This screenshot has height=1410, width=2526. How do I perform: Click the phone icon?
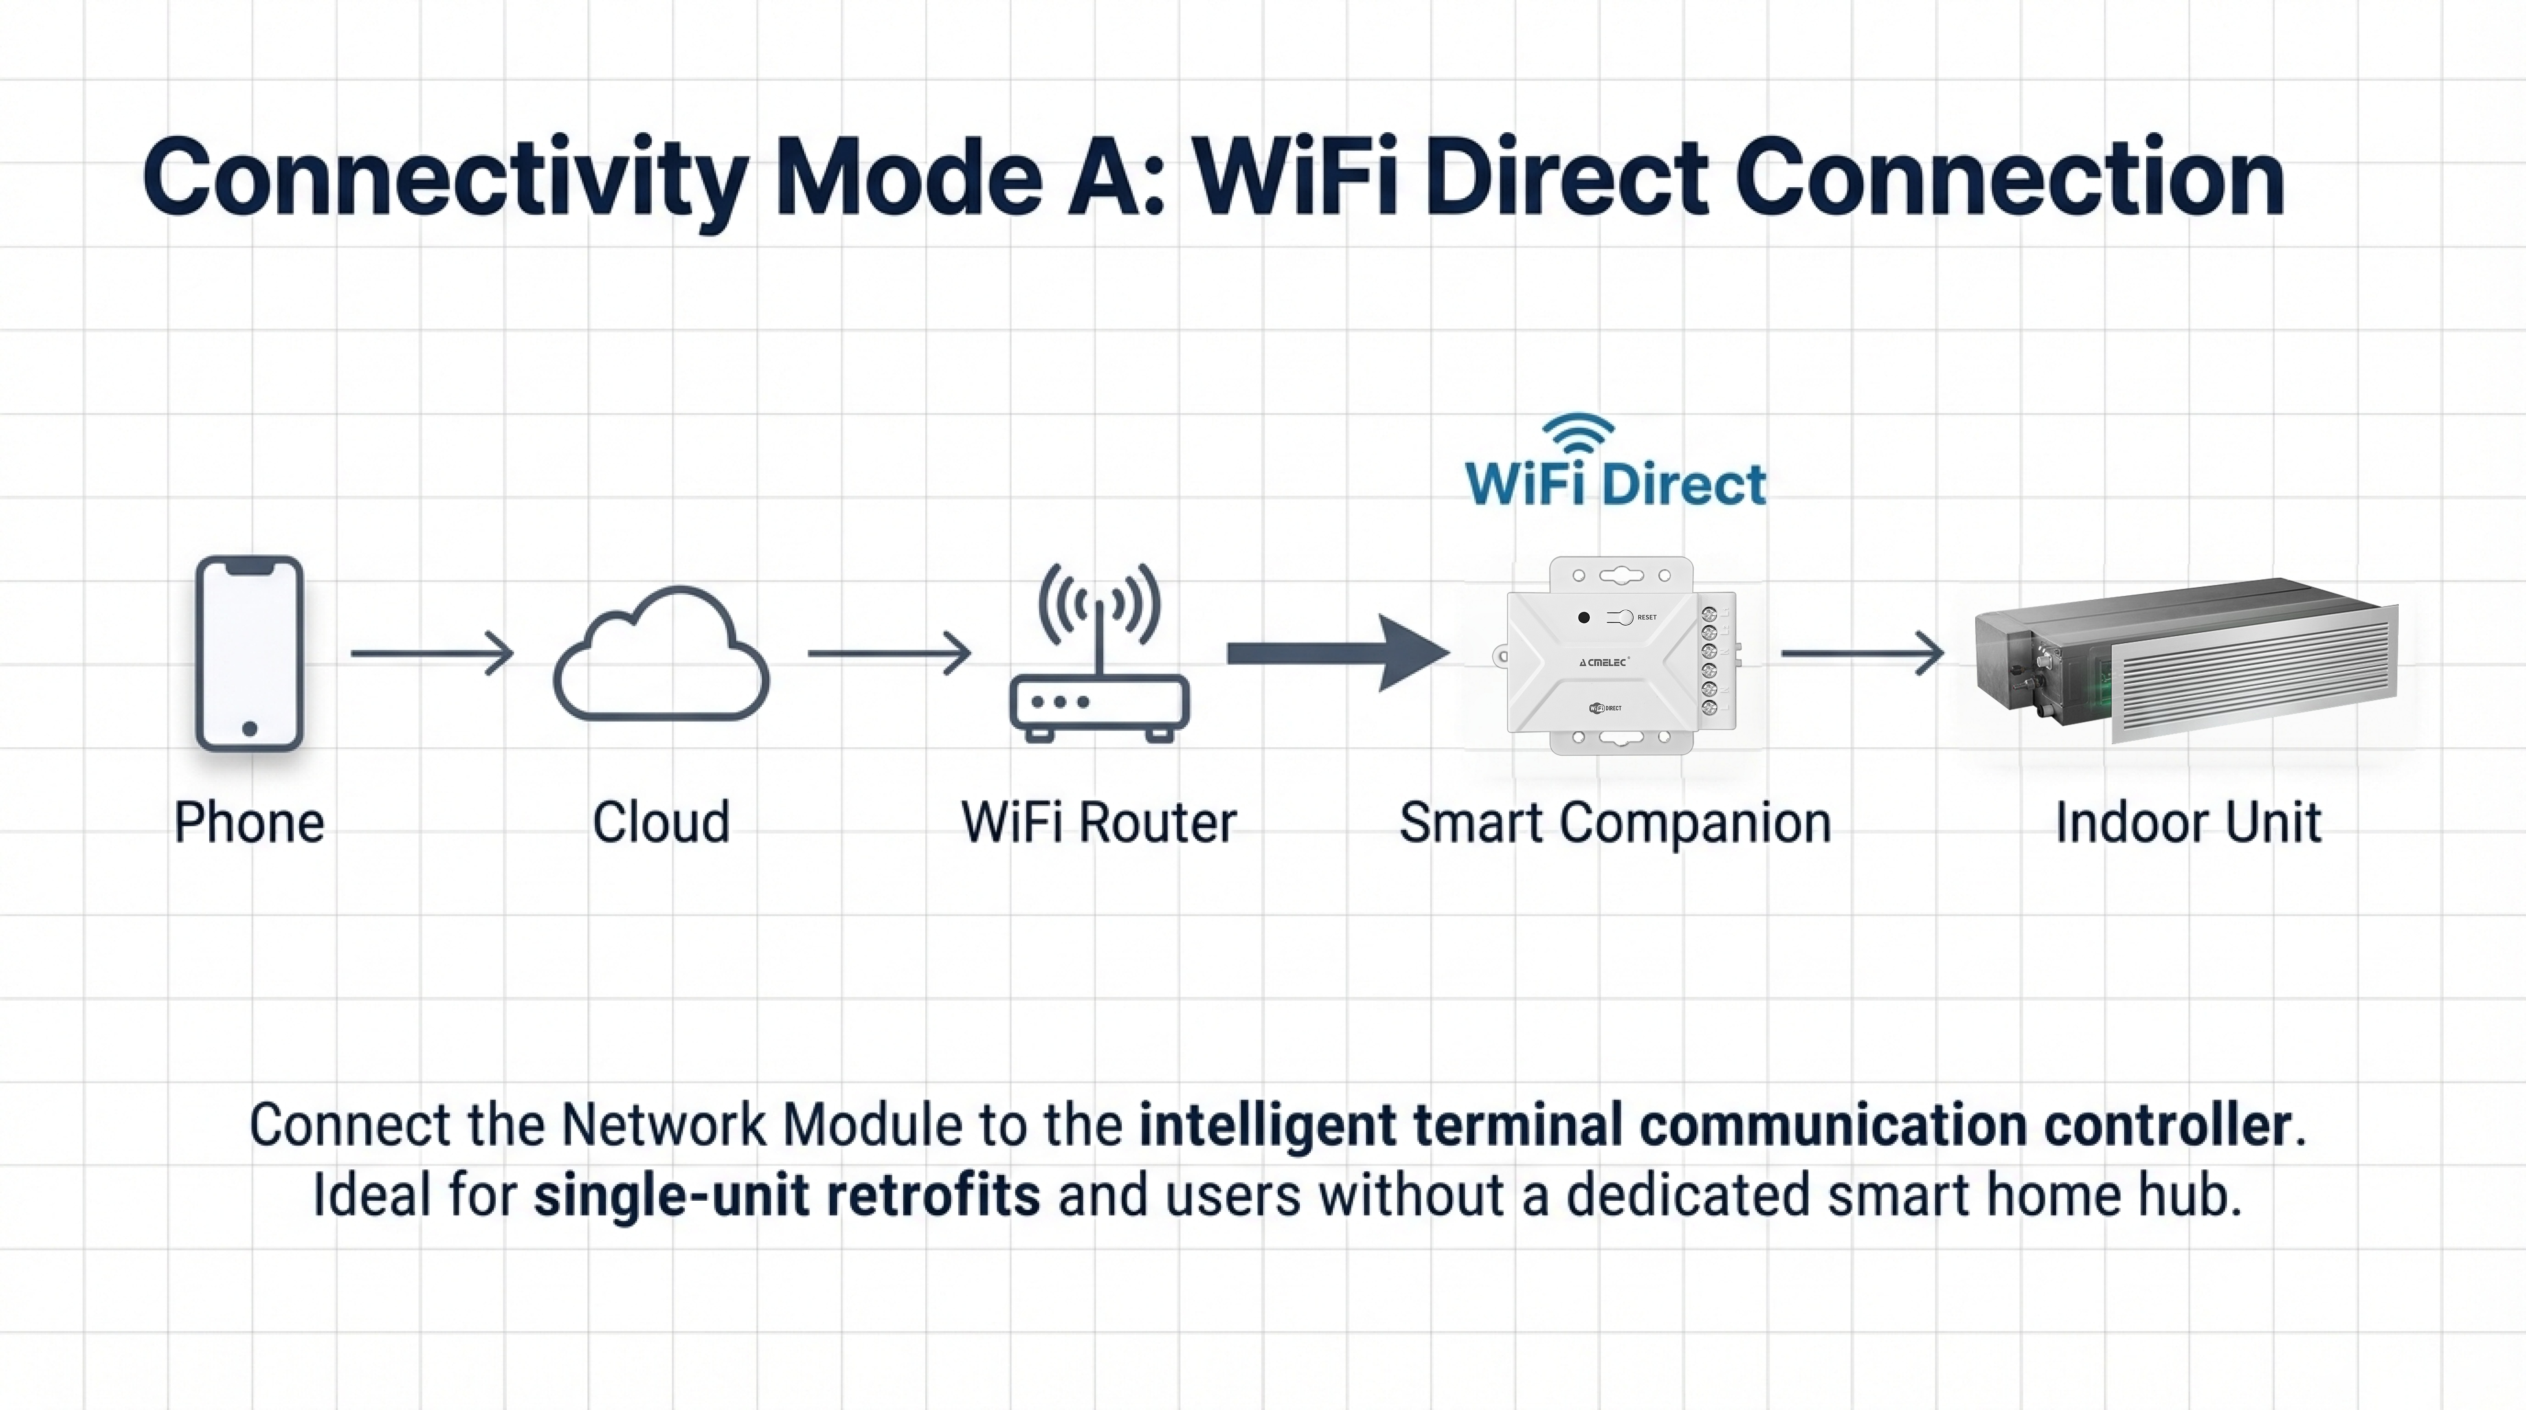point(249,653)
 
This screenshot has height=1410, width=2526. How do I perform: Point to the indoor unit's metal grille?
point(2255,676)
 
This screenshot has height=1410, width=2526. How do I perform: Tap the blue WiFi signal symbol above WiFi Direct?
point(1578,431)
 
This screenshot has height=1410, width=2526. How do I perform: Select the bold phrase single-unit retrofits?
point(786,1196)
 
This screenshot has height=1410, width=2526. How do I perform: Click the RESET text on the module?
point(1647,617)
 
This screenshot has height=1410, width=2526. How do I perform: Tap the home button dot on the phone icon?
point(249,728)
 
